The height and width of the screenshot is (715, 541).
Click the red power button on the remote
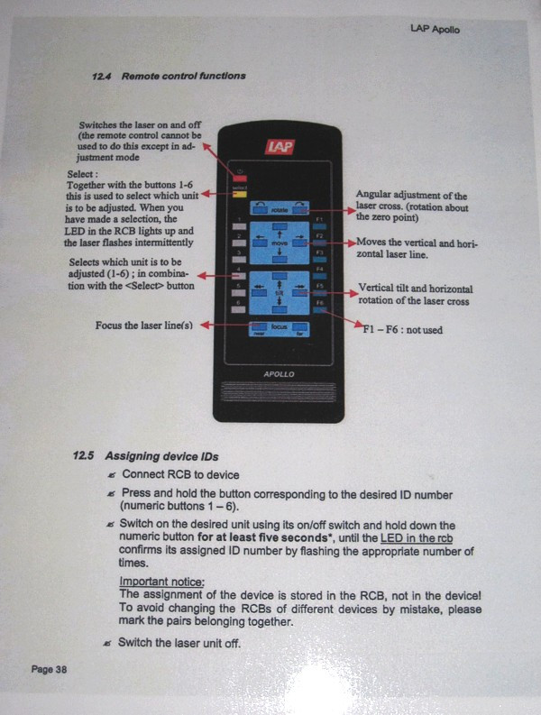[x=239, y=179]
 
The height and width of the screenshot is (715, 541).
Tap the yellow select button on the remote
[x=239, y=193]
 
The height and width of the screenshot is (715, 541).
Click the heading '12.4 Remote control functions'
[x=168, y=77]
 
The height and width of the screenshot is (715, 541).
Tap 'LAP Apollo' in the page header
[x=434, y=30]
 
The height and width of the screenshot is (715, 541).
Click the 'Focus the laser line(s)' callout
[x=145, y=325]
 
